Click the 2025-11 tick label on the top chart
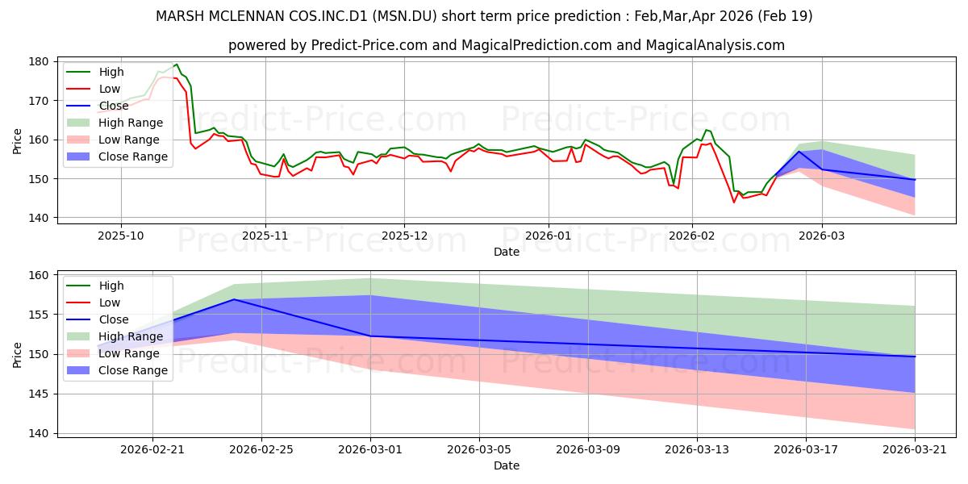coord(265,236)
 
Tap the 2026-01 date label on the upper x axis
coord(549,236)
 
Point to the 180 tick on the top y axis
coord(39,62)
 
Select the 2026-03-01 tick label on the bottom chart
coord(370,450)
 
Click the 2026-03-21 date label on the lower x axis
coord(915,450)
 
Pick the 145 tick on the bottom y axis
coord(39,394)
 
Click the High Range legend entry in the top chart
coord(115,123)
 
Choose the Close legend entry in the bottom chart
coord(98,319)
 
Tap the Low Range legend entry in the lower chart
coord(113,353)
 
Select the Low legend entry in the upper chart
coord(94,89)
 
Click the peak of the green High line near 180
coord(177,65)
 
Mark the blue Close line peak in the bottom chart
coord(234,299)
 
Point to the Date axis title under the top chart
coord(507,252)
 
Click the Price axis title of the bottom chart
coord(17,355)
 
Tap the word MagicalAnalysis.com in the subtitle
coord(716,45)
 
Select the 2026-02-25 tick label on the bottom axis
coord(261,450)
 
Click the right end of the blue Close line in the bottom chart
coord(915,357)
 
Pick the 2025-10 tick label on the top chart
coord(121,236)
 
